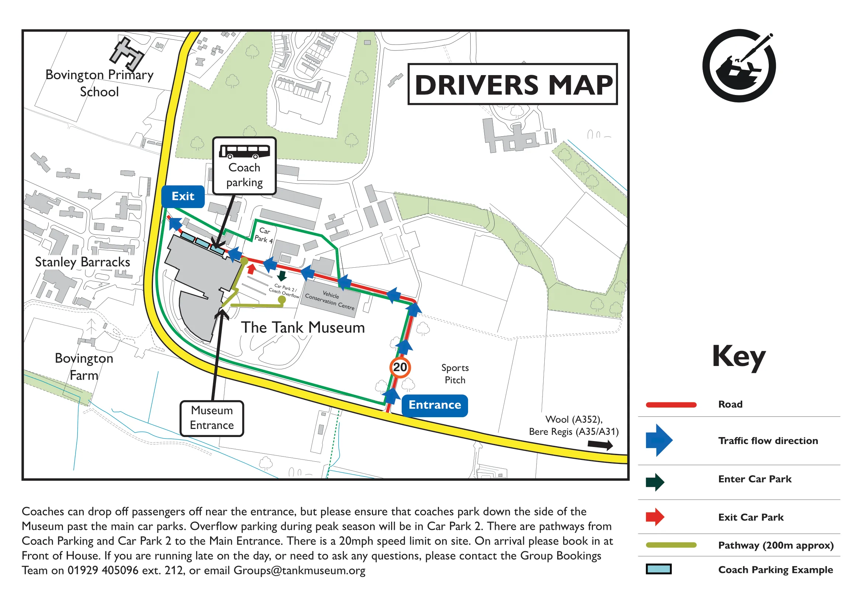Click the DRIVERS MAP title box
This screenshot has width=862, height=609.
(x=513, y=84)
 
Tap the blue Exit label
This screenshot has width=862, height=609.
(x=183, y=196)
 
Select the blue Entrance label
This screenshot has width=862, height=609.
(x=435, y=405)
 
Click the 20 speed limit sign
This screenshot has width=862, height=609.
(x=400, y=367)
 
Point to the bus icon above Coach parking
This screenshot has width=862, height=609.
(x=244, y=151)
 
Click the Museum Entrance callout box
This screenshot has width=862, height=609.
(x=212, y=418)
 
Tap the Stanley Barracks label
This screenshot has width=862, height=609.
(x=83, y=262)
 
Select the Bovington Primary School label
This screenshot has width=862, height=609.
(x=100, y=83)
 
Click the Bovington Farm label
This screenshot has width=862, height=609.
(x=84, y=367)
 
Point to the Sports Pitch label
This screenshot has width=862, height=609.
(x=455, y=374)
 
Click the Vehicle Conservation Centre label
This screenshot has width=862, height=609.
(x=330, y=300)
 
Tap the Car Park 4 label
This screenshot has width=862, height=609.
(x=264, y=235)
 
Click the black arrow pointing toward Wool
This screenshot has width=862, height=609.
(x=600, y=445)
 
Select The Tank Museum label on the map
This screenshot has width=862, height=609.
(x=303, y=327)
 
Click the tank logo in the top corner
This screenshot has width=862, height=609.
(x=739, y=66)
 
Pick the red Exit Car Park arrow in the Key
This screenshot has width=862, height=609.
(x=655, y=517)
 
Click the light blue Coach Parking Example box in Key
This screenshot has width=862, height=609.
(x=659, y=569)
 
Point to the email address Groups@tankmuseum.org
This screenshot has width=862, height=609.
(x=299, y=570)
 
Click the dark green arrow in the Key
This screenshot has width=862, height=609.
(x=655, y=482)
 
